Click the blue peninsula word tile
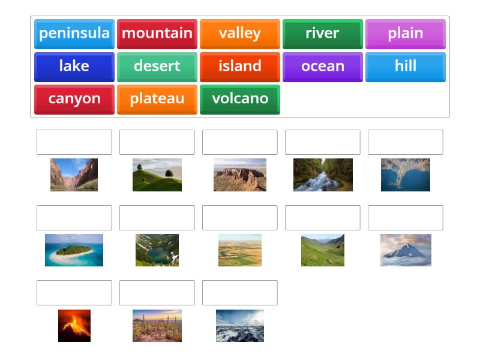[74, 34]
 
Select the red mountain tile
[157, 34]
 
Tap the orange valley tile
[240, 34]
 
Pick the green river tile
[323, 34]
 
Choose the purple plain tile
[406, 34]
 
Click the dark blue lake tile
[74, 67]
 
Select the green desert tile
[157, 67]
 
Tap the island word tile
[240, 67]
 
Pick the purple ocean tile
[323, 67]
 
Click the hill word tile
[406, 67]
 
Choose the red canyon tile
[74, 99]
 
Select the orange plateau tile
[157, 99]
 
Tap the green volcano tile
[240, 99]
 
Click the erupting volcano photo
[74, 326]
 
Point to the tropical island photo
[74, 250]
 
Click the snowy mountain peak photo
[406, 250]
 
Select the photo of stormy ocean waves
[240, 326]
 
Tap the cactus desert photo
[157, 326]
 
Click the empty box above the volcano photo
[74, 293]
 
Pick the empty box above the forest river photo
[323, 142]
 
